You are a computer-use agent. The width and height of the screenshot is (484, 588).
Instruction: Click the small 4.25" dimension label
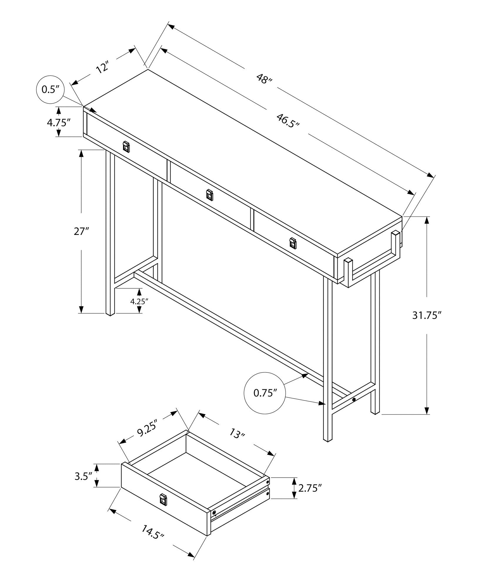click(139, 301)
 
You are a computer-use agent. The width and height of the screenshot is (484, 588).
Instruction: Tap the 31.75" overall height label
click(427, 315)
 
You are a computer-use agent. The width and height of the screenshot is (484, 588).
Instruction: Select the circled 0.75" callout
click(265, 393)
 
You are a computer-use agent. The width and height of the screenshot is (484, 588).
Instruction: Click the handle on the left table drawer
click(126, 147)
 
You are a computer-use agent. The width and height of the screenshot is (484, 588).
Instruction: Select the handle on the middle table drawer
click(209, 195)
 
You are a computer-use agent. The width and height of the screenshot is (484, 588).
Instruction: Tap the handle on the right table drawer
click(293, 243)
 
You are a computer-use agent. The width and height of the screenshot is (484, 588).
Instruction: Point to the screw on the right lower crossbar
click(354, 400)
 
